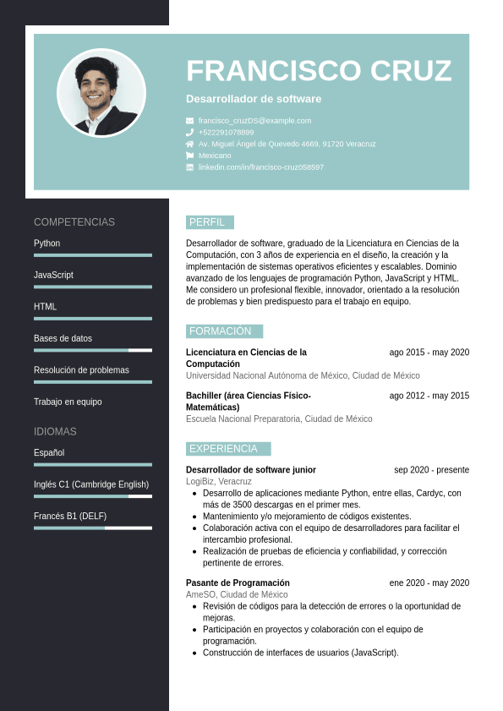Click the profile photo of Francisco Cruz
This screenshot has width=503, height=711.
(x=101, y=93)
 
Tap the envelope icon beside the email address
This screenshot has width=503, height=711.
(x=189, y=121)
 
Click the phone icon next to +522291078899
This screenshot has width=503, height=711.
(x=189, y=133)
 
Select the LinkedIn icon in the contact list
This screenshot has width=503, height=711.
(x=189, y=167)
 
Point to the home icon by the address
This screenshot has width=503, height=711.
(x=189, y=144)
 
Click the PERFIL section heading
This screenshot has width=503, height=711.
(x=209, y=222)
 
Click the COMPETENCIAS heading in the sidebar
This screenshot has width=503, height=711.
(x=74, y=222)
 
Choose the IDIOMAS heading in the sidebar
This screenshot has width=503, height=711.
(x=55, y=431)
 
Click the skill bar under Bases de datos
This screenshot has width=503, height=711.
(x=93, y=350)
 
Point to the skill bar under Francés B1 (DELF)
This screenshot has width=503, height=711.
(x=93, y=528)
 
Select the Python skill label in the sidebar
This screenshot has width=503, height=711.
(x=47, y=243)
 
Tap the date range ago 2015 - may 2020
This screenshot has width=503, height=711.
(x=429, y=353)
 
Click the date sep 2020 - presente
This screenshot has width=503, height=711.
(x=431, y=470)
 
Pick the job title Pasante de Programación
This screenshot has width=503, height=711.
(x=238, y=582)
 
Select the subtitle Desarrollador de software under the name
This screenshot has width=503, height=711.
(x=254, y=99)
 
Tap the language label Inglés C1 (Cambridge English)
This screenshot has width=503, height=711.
(x=91, y=484)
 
